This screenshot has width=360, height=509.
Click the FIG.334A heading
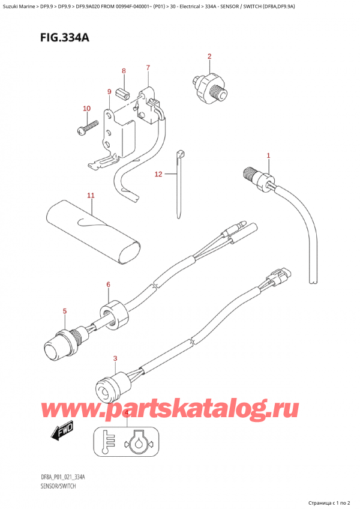(65, 38)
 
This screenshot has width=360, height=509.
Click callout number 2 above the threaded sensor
(209, 56)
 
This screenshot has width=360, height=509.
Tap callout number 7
(148, 68)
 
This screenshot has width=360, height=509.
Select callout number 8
(124, 71)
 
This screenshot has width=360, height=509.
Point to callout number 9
(109, 92)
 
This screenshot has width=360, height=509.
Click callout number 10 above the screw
(86, 109)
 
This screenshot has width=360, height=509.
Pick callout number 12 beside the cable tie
(158, 174)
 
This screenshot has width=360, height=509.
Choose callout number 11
(91, 196)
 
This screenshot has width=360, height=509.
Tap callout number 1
(268, 156)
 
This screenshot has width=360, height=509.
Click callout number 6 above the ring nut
(108, 285)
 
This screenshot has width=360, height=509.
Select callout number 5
(65, 312)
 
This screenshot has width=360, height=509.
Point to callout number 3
(115, 359)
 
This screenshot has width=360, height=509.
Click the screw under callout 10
(88, 127)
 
